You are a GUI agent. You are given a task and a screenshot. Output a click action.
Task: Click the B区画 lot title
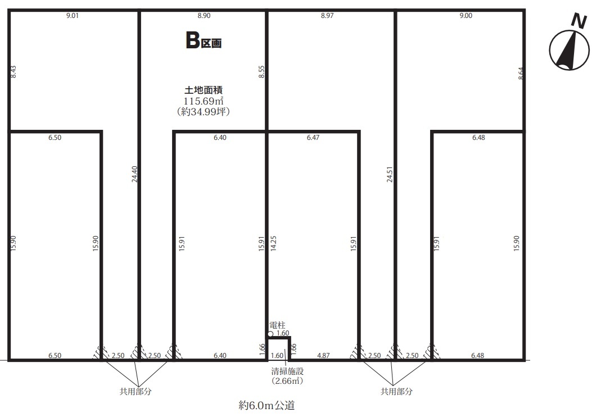204,40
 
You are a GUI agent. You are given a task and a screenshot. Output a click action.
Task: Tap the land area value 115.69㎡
204,101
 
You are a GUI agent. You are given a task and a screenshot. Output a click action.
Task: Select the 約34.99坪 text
204,112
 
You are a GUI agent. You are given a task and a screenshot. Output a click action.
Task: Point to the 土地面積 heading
204,90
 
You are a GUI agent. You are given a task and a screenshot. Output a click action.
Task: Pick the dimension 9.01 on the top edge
73,16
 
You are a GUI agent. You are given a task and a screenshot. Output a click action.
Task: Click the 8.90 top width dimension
204,16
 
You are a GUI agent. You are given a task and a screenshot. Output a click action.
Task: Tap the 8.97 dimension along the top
327,16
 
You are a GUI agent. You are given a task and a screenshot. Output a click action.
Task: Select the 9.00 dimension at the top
466,16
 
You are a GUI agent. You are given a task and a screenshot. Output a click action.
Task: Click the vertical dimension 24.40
135,174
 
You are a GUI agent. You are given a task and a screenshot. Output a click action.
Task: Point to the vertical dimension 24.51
390,174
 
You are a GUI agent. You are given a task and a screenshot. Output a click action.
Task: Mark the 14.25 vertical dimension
274,243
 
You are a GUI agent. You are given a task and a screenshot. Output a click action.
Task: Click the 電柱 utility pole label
278,325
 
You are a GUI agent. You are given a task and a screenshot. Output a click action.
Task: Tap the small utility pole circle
270,334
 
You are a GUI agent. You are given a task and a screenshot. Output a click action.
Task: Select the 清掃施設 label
287,371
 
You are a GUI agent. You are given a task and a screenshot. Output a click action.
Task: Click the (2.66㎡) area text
287,381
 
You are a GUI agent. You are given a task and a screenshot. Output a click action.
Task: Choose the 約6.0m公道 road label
266,405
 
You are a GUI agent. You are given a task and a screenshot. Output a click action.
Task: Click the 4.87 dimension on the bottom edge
324,356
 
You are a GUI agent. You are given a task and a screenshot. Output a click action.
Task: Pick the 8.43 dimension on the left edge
13,72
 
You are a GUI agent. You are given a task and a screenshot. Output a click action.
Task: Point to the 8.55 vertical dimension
261,72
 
